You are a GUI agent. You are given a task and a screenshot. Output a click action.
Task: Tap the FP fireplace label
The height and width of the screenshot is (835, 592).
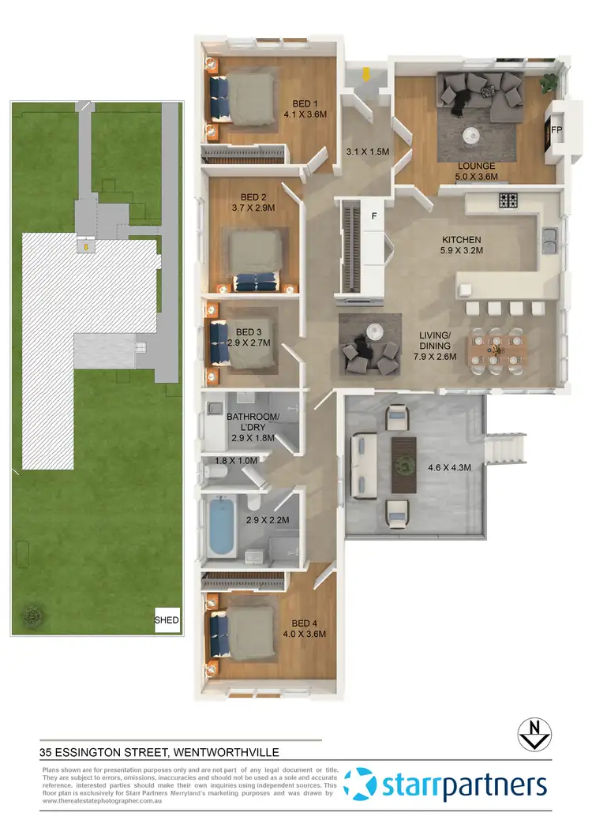pyautogui.click(x=556, y=129)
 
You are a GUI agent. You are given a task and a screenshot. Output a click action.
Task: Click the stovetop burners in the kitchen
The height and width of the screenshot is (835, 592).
pyautogui.click(x=507, y=201)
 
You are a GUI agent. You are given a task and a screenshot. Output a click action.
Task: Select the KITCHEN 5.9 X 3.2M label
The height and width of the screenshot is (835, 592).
pyautogui.click(x=462, y=245)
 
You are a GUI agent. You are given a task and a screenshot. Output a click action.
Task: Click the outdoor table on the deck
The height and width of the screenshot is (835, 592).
pyautogui.click(x=405, y=457)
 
